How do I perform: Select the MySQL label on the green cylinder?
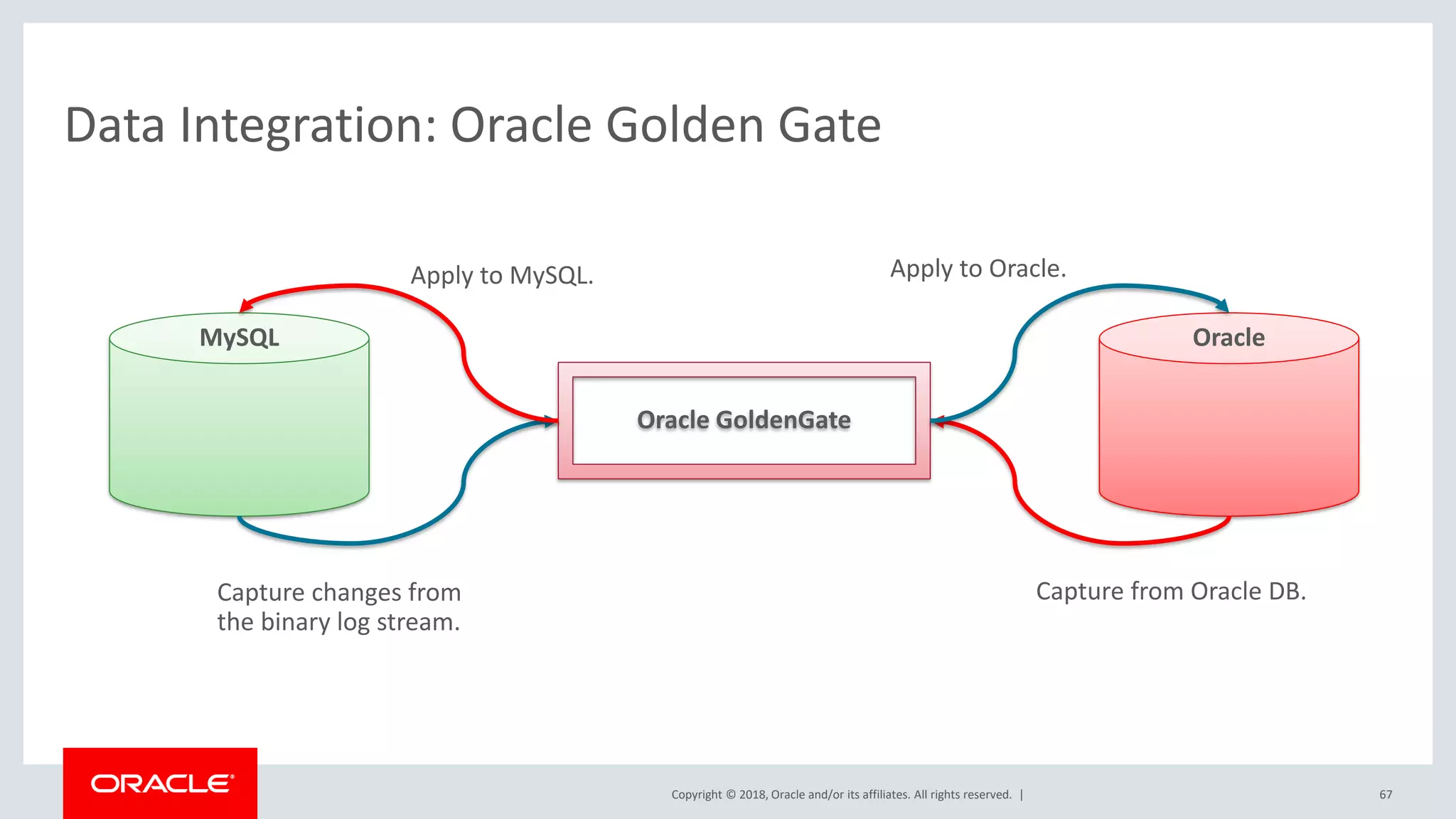239,338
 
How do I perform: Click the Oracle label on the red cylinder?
1228,338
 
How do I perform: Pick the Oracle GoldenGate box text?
744,420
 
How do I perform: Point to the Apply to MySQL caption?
502,276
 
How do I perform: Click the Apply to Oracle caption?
978,269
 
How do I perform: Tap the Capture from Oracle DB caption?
1170,591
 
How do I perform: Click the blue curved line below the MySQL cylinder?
352,542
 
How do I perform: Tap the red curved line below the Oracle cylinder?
1123,542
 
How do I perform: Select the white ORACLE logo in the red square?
161,783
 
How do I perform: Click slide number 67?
1386,795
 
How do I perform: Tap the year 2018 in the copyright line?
752,795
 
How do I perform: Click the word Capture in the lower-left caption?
261,592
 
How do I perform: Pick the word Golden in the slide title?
683,126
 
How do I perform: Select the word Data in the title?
114,126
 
